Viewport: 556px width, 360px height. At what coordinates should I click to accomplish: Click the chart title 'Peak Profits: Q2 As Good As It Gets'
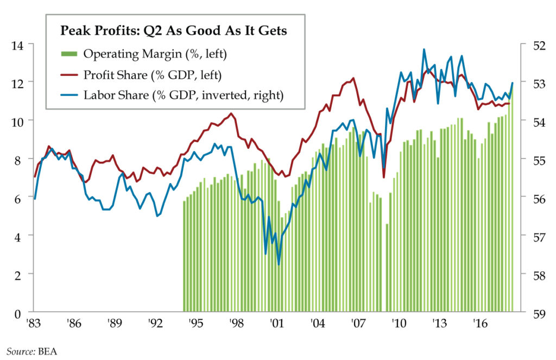[173, 31]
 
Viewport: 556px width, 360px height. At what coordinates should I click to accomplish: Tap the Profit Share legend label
[153, 74]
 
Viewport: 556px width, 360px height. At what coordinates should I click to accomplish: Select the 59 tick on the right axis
[533, 313]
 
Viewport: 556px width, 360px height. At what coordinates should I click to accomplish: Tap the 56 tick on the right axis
[533, 199]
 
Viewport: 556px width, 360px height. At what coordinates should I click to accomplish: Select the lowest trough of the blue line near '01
[279, 264]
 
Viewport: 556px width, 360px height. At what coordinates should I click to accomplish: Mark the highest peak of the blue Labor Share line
[424, 49]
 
